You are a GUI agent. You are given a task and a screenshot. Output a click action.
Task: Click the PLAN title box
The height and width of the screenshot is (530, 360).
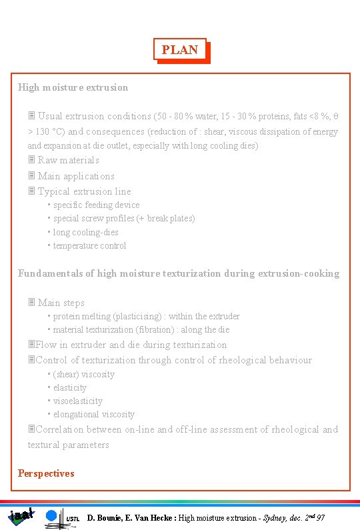(x=180, y=50)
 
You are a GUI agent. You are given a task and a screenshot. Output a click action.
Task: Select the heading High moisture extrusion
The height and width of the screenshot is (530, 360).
(x=73, y=87)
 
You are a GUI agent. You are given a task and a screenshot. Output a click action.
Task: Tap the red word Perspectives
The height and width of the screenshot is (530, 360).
(x=46, y=473)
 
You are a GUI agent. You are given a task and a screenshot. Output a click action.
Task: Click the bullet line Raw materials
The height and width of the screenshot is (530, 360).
(x=68, y=160)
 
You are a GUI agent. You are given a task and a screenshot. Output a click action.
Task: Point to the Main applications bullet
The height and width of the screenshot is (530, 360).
(x=75, y=176)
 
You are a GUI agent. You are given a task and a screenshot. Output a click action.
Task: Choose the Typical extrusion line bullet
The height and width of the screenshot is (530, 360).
(x=84, y=191)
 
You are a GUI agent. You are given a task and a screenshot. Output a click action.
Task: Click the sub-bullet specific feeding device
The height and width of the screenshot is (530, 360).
(x=96, y=205)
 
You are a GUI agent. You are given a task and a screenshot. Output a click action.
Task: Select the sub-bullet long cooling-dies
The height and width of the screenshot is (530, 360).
(x=85, y=232)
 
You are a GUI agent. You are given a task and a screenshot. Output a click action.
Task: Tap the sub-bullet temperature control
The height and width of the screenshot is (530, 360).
(x=89, y=245)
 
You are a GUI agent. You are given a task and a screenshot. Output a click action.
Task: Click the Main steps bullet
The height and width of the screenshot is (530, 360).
(x=61, y=303)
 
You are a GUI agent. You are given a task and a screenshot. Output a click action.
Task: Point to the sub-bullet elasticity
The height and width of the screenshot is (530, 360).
(x=70, y=387)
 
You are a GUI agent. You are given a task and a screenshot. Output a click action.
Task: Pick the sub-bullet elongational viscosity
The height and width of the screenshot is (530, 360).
(x=93, y=414)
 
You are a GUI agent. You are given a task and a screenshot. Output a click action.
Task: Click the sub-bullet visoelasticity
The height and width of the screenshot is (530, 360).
(x=77, y=401)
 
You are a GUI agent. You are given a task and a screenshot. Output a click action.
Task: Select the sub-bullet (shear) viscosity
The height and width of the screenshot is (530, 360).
(x=83, y=374)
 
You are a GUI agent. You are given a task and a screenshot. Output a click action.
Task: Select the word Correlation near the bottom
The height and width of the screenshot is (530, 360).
(x=59, y=429)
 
